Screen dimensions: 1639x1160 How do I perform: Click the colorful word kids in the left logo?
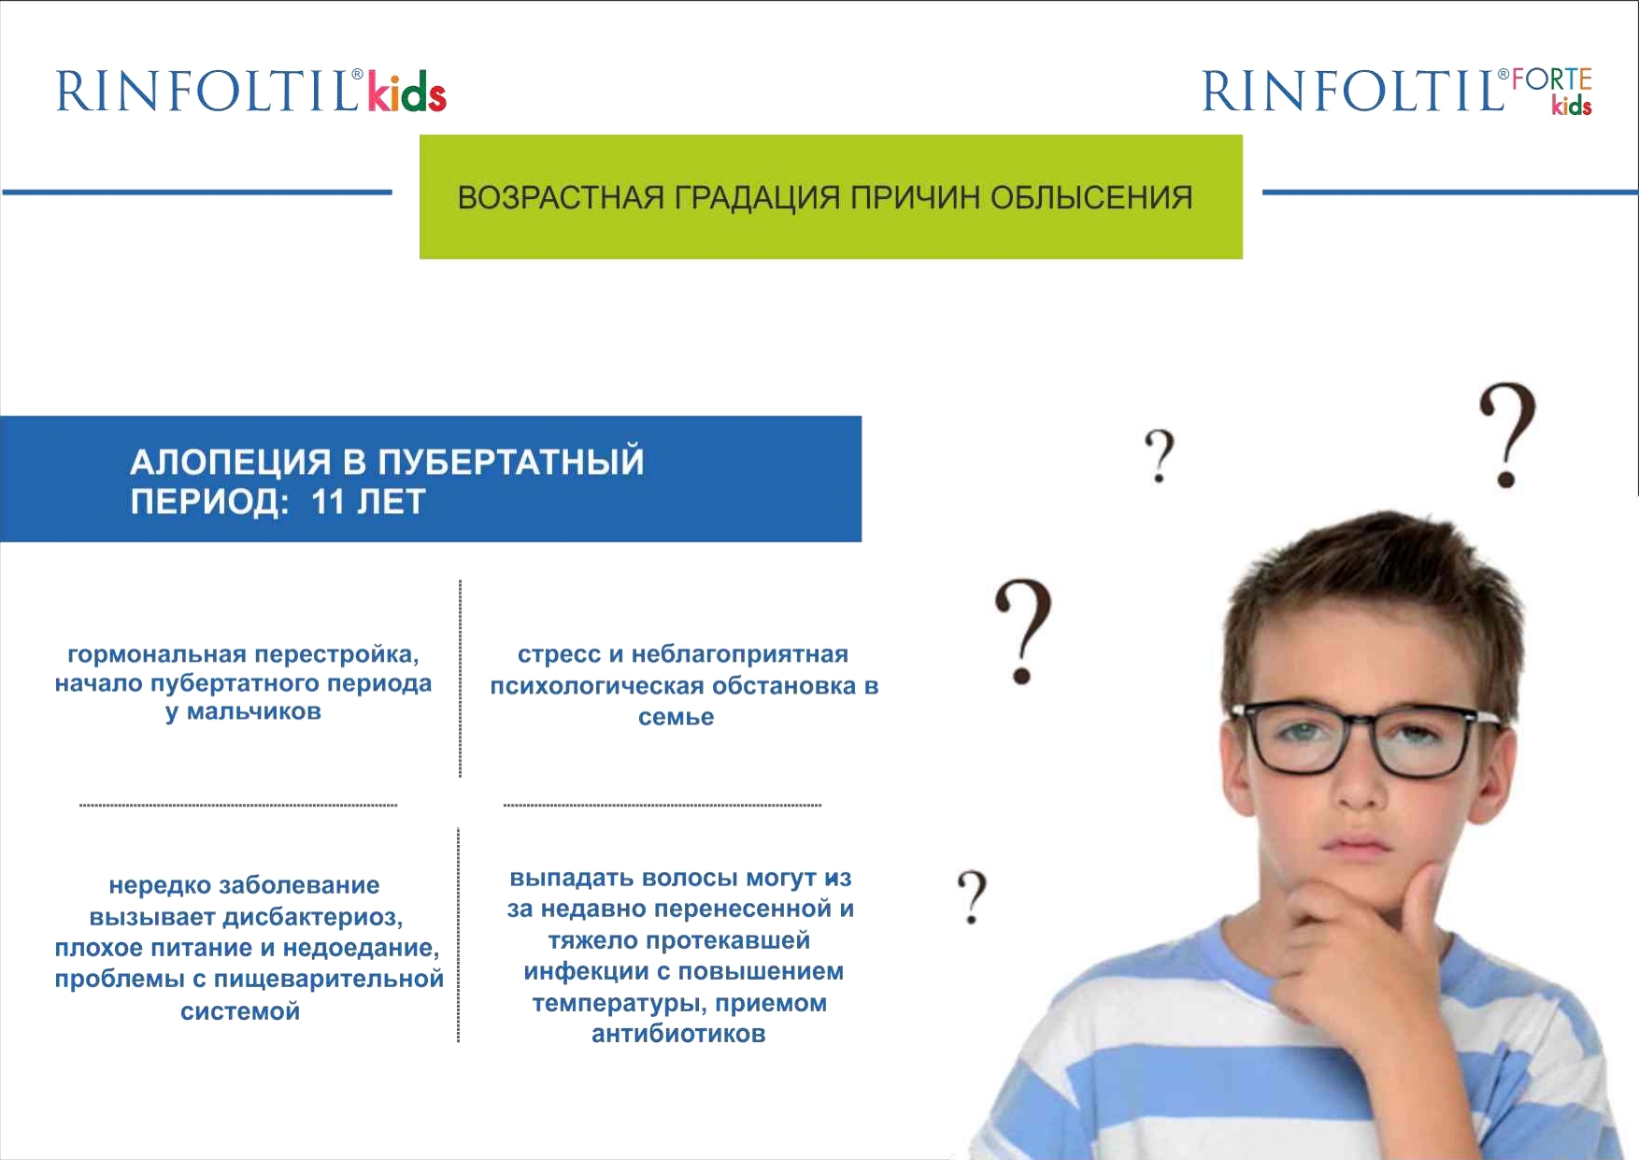pyautogui.click(x=406, y=92)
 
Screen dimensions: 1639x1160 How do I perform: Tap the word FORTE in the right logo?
pyautogui.click(x=1552, y=80)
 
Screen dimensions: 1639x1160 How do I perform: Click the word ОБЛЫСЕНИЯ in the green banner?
pyautogui.click(x=1090, y=198)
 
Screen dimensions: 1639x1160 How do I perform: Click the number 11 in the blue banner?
pyautogui.click(x=328, y=502)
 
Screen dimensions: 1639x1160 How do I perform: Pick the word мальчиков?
pyautogui.click(x=253, y=711)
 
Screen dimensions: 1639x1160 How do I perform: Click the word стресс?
pyautogui.click(x=559, y=654)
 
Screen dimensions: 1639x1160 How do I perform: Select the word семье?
pyautogui.click(x=676, y=717)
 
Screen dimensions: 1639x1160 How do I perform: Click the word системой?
pyautogui.click(x=240, y=1011)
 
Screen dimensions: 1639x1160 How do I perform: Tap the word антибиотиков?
pyautogui.click(x=678, y=1034)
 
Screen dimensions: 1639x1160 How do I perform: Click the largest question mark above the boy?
pyautogui.click(x=1507, y=435)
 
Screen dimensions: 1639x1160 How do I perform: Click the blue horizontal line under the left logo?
pyautogui.click(x=197, y=193)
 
